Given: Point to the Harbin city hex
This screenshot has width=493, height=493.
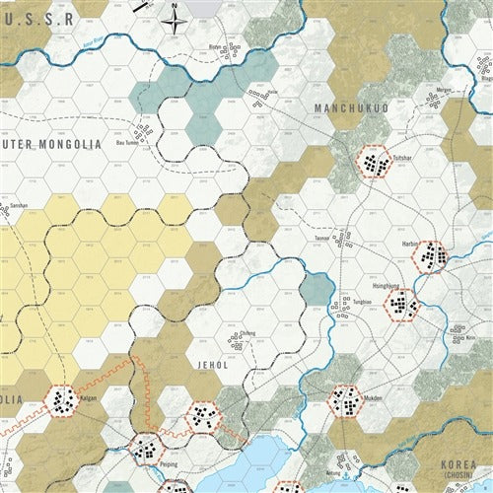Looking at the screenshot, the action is [x=431, y=257].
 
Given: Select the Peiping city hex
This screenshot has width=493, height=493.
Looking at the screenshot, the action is [x=147, y=451].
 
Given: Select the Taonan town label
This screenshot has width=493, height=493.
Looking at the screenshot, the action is [x=321, y=237].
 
